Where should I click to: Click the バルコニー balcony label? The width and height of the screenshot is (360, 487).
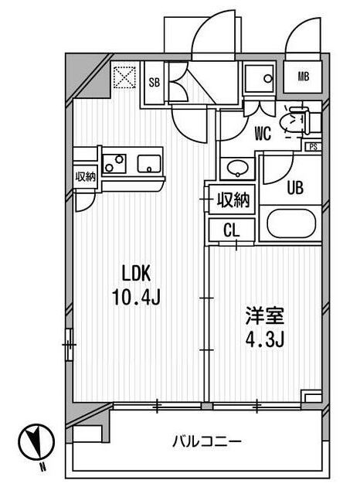point(206,442)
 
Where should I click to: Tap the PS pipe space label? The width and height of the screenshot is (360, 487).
point(312,146)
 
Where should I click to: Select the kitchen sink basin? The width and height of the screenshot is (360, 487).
point(147,164)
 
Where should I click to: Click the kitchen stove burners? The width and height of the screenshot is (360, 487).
point(114,163)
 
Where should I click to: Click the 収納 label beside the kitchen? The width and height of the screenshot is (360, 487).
point(84,176)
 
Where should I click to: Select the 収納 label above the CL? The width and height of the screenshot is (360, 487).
point(233,200)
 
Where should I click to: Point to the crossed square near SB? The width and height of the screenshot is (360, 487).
point(122,77)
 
